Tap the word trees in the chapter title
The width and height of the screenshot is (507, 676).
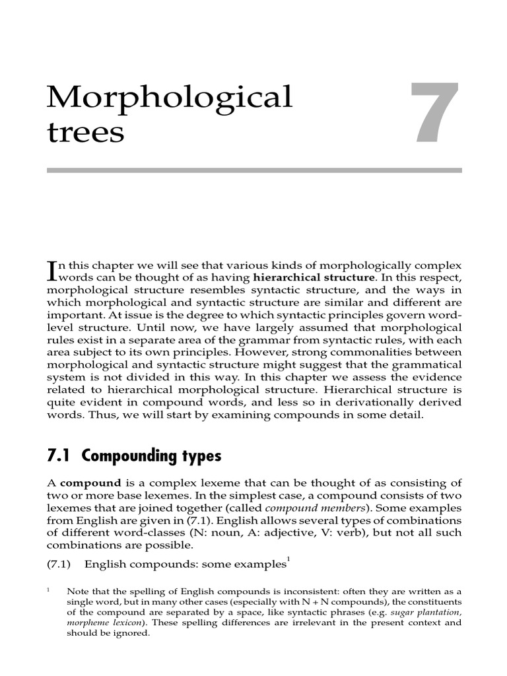[86, 132]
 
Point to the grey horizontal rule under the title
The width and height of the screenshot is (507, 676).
[254, 170]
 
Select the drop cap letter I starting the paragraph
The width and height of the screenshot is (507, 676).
[53, 271]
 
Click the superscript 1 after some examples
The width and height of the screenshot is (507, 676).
[288, 560]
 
